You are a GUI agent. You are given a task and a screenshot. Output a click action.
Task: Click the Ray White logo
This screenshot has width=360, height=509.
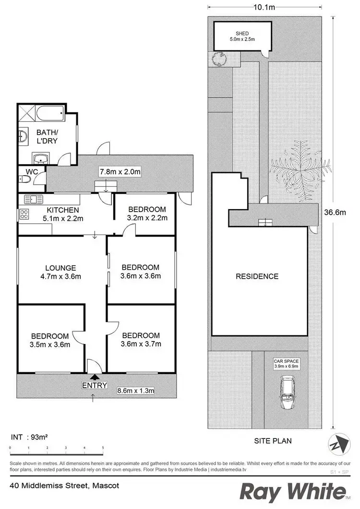point(292,492)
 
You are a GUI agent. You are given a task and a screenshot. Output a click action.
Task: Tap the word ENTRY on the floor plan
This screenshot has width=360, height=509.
point(95,385)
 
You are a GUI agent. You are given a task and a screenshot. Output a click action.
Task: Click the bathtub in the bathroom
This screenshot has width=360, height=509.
point(49,115)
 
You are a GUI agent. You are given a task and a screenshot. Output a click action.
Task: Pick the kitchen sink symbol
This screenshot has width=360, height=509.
point(32,199)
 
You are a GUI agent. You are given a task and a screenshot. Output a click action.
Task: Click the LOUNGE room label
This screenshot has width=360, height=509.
point(61,268)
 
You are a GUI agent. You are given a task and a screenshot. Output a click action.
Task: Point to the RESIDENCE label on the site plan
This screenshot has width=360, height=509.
point(257,276)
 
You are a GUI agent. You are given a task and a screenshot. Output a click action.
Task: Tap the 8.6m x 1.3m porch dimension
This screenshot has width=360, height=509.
point(136,391)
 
